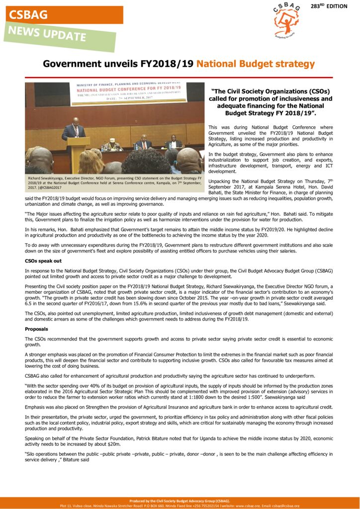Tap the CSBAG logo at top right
(287, 20)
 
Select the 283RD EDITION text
(336, 6)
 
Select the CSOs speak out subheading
(43, 260)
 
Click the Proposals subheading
(36, 329)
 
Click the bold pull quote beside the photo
(270, 102)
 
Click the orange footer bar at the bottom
(180, 503)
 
